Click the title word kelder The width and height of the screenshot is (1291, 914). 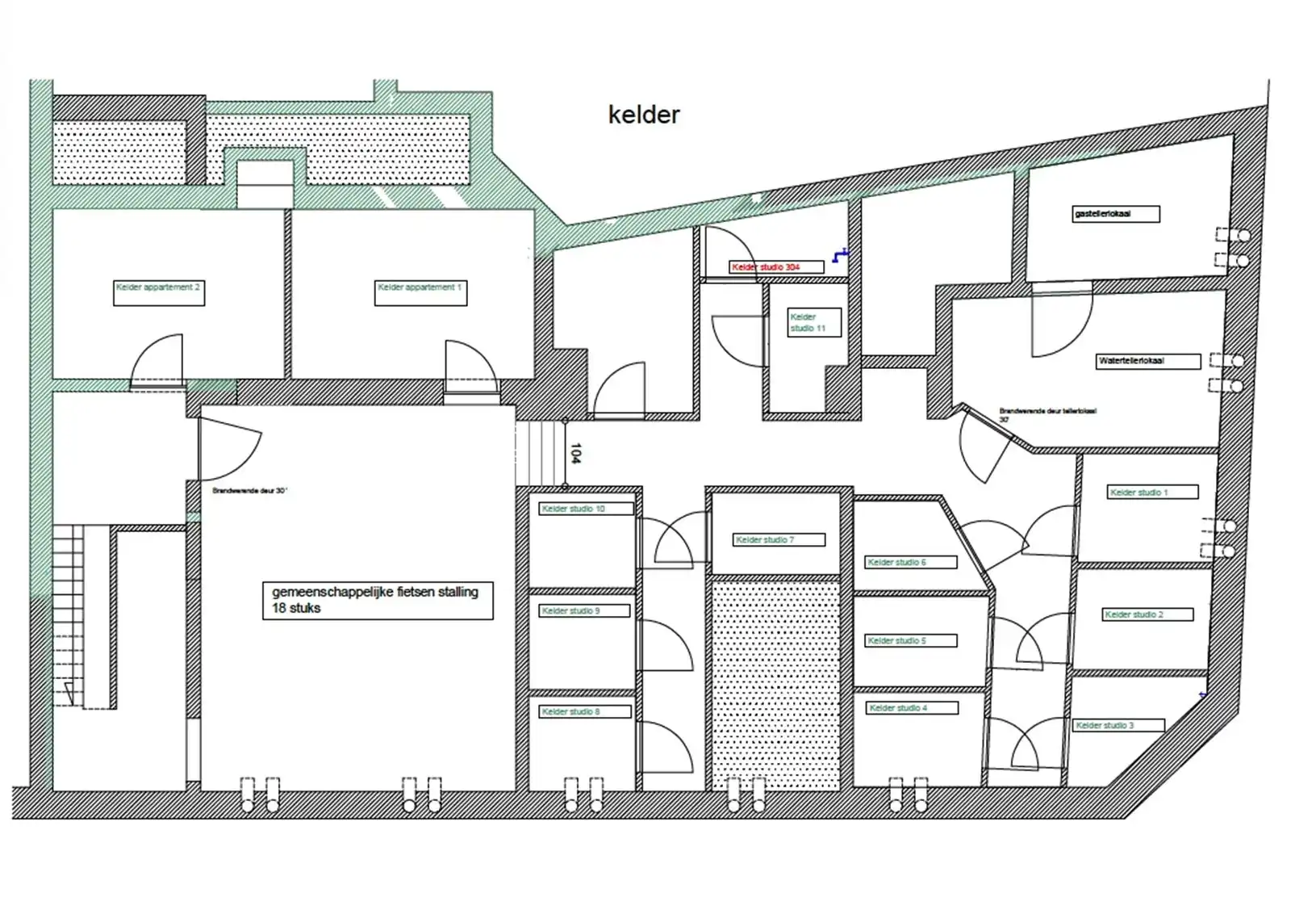644,115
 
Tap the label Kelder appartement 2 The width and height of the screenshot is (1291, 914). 159,292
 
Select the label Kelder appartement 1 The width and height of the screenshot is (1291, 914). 420,292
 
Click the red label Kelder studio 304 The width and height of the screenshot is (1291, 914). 776,266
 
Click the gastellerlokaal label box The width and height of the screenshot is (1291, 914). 1116,214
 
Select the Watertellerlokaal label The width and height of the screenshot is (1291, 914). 1148,361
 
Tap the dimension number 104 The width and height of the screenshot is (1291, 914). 575,453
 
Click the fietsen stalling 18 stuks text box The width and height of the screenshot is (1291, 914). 378,600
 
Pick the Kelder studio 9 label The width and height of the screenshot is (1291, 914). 584,610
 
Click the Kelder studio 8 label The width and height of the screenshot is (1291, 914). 584,711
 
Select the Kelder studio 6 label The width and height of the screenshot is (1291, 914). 911,562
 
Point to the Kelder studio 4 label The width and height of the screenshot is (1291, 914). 913,708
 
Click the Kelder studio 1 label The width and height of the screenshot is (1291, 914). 1151,492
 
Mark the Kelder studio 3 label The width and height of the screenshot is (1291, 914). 1118,725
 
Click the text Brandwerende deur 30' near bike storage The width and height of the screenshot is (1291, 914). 249,490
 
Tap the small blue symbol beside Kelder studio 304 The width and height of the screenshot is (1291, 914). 841,256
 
